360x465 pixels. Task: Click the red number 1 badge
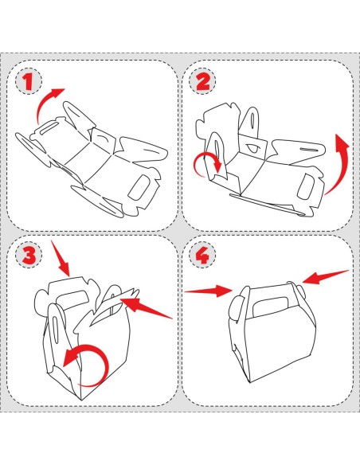(x=29, y=81)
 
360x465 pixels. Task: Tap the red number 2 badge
(x=203, y=81)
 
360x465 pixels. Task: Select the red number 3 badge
(x=29, y=255)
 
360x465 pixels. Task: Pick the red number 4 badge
(x=203, y=255)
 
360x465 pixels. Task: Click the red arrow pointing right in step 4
(x=209, y=291)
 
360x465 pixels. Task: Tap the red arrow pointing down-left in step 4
(x=326, y=277)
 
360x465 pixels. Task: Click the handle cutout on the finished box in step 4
(x=271, y=307)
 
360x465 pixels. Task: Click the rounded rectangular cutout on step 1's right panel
(x=139, y=187)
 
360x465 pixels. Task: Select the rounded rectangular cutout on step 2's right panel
(x=305, y=186)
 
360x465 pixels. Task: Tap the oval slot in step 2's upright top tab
(x=254, y=119)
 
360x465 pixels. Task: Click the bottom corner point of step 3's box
(x=81, y=401)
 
